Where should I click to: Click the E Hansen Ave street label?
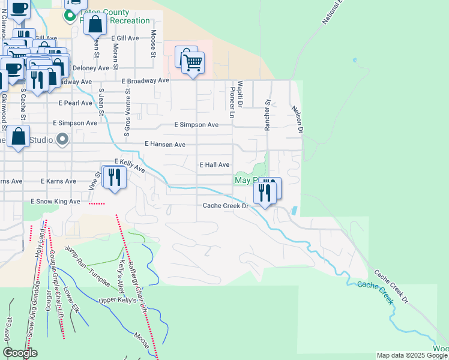165,145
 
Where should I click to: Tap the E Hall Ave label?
214,164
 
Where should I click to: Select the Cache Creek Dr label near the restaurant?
225,206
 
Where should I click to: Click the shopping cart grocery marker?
193,62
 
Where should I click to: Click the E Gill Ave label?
125,38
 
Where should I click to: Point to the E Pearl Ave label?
75,103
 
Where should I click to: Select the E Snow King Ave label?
55,202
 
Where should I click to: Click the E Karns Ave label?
58,181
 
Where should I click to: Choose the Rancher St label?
268,114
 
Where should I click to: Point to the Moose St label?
154,44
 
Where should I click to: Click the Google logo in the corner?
19,353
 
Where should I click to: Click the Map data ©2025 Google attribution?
412,355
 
